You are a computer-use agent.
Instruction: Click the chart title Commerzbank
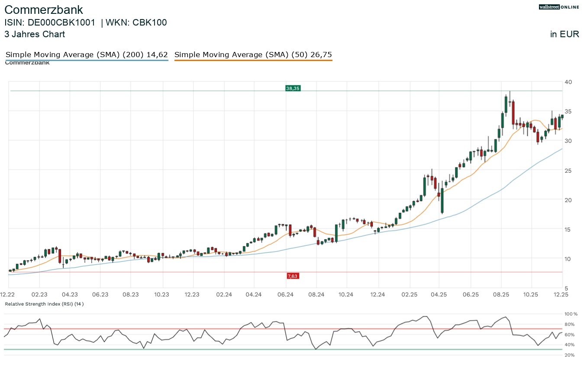(x=44, y=10)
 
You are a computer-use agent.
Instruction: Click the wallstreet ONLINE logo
(x=559, y=7)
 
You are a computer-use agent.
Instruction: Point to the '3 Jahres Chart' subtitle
(x=35, y=34)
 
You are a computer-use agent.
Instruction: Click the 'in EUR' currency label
(x=565, y=34)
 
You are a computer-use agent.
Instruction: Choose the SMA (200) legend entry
(x=87, y=55)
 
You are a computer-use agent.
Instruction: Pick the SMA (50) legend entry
(x=253, y=55)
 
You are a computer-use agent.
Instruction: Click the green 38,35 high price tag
(x=293, y=88)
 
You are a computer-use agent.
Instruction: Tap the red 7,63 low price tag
(x=293, y=276)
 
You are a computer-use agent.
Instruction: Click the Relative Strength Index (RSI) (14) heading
(x=44, y=304)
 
